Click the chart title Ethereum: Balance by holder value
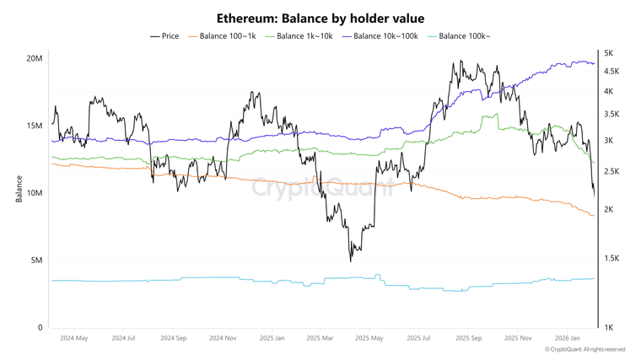click(x=320, y=18)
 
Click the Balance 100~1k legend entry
click(x=222, y=36)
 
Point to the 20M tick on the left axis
click(x=35, y=58)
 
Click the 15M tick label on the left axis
click(x=35, y=126)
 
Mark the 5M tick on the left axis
click(x=36, y=261)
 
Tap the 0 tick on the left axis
click(x=40, y=328)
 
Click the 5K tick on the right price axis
click(x=608, y=53)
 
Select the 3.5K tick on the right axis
click(x=611, y=114)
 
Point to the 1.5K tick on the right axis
click(x=611, y=259)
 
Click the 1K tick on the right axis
click(x=608, y=328)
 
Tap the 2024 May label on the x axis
click(x=74, y=338)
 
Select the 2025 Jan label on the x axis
click(x=272, y=338)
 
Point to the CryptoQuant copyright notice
click(x=584, y=349)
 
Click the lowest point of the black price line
click(x=350, y=261)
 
